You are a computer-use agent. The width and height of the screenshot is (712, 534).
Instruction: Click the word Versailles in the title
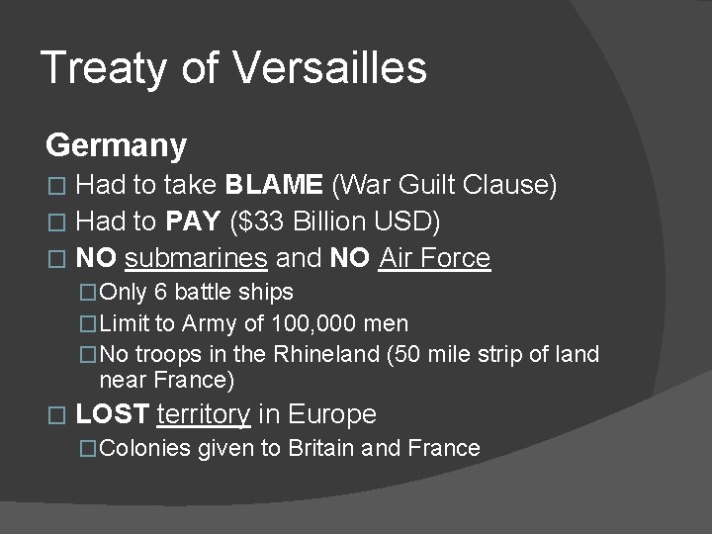(331, 68)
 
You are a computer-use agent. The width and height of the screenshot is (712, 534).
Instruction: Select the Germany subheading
(116, 146)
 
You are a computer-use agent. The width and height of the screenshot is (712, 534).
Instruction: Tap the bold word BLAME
(274, 185)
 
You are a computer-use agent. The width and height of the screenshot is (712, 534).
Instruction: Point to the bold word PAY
(193, 222)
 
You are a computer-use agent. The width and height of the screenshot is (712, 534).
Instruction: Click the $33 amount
(254, 222)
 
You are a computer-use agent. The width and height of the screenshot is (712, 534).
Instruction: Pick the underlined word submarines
(197, 259)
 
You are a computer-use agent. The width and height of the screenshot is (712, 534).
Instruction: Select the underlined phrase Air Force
(435, 259)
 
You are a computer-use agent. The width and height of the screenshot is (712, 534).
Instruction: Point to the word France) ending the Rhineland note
(199, 381)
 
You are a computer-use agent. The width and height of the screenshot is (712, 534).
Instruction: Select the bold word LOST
(112, 414)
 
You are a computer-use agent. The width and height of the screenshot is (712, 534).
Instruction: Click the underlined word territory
(204, 414)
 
